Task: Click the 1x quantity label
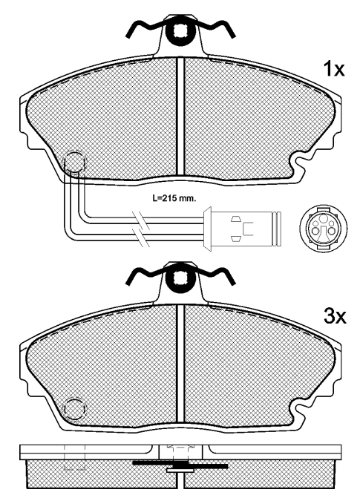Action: point(334,69)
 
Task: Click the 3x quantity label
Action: point(335,316)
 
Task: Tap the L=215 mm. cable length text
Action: point(174,198)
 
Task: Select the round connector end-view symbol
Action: point(324,228)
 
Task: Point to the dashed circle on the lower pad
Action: point(75,410)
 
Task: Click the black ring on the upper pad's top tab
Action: point(181,32)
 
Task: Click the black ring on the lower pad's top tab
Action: point(181,279)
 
